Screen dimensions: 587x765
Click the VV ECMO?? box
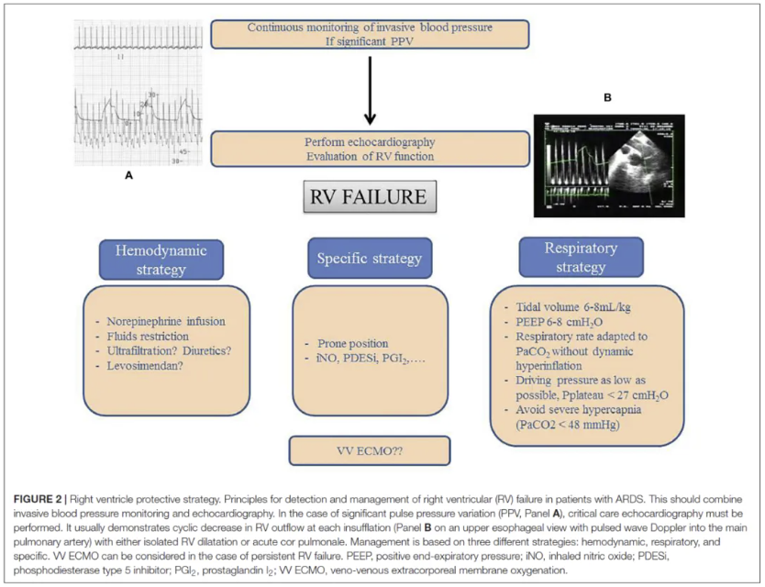click(370, 450)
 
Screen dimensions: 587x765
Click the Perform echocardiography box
click(370, 149)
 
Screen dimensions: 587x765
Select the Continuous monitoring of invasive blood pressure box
click(370, 34)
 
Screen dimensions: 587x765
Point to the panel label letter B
click(606, 96)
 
